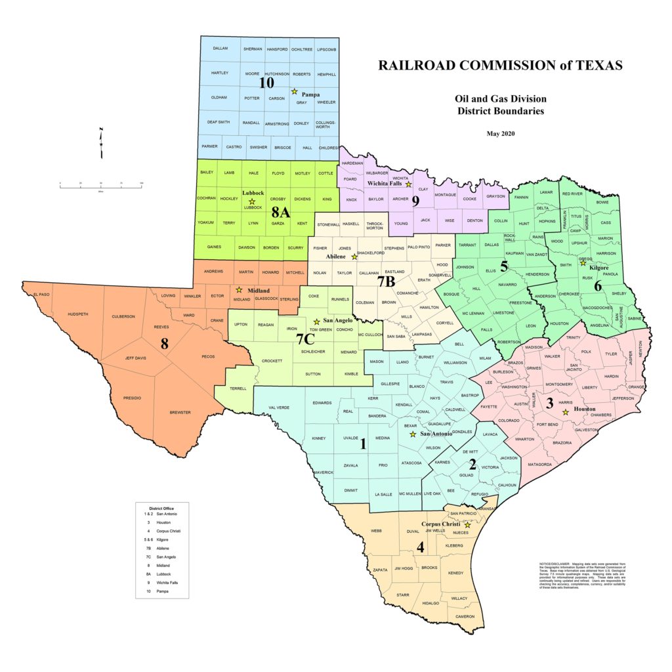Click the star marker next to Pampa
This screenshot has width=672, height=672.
tap(294, 91)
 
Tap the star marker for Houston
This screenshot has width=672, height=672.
tap(566, 413)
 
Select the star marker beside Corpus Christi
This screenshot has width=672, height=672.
tap(467, 525)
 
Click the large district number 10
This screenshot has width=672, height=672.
tap(266, 83)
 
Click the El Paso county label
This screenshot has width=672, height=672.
tap(42, 295)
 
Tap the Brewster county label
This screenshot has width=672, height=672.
tap(180, 412)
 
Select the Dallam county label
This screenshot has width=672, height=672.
tap(220, 49)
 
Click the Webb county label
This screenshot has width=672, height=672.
tap(376, 530)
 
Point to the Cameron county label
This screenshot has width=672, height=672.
tap(465, 616)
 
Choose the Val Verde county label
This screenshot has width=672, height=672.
tap(279, 408)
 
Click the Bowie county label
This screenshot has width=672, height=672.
tap(602, 202)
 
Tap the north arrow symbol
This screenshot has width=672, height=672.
tap(100, 142)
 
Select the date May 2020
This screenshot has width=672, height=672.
tap(501, 134)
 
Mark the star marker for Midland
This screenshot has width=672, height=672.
tap(239, 289)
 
